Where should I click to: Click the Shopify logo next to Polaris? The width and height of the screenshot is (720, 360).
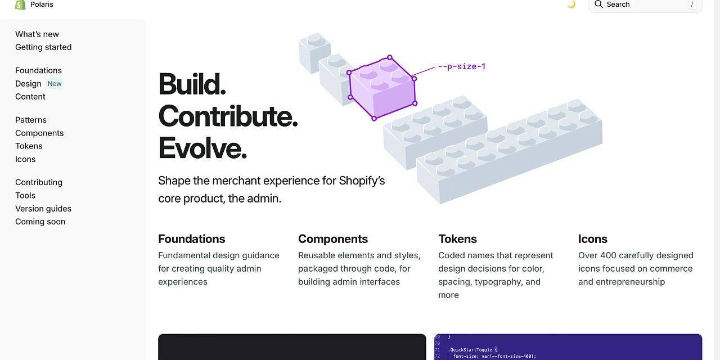coord(20,5)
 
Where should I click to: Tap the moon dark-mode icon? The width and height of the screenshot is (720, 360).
coord(571,4)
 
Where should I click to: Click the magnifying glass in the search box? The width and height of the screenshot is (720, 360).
coord(598,4)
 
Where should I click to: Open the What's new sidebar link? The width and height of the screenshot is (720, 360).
coord(37,34)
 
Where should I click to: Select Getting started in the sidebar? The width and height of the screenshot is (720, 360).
coord(43,47)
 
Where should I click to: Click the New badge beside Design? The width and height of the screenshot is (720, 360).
coord(55,84)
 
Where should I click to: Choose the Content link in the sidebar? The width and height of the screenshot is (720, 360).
coord(30,97)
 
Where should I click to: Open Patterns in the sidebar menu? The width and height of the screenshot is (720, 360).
coord(31,120)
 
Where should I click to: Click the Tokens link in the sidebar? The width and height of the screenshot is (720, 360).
coord(29,146)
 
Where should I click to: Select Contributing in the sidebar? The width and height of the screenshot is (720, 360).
coord(39,182)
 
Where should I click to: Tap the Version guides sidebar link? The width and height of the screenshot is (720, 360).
coord(43,209)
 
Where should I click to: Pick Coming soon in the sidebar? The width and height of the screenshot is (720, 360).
coord(40,222)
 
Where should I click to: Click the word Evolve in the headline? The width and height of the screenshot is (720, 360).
coord(202,148)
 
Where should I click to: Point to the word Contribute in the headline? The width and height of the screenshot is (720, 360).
coord(228,116)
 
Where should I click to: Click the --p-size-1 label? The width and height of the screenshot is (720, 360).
coord(462,66)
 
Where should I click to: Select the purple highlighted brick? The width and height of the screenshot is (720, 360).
coord(382,88)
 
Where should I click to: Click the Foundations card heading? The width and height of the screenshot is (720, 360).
coord(192,239)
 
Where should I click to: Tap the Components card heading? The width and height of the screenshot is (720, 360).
coord(332,239)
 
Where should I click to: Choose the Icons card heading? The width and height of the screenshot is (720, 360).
coord(593,239)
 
